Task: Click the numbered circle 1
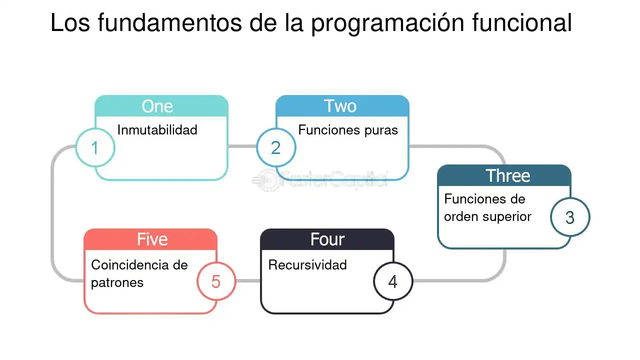pos(95,148)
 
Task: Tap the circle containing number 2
pos(276,148)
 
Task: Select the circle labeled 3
pos(570,217)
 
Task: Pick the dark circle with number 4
pos(393,281)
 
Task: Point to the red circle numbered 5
pos(216,281)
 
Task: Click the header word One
pos(157,106)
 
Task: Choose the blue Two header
pos(340,106)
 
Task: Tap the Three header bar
pos(508,175)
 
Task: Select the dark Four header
pos(327,239)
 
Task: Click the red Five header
pos(152,239)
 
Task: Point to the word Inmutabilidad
pos(157,130)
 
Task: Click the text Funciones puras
pos(348,130)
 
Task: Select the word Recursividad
pos(307,265)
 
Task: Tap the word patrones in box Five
pos(117,282)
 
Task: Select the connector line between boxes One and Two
pos(242,146)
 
